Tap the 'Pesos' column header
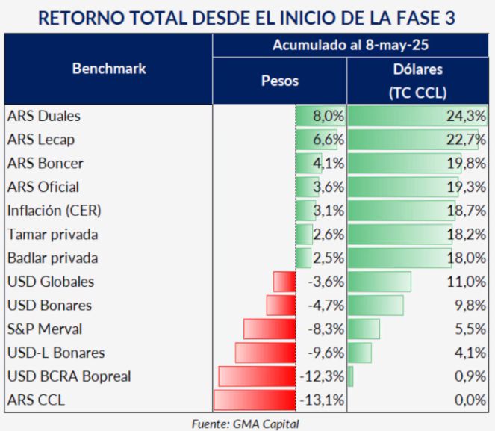click(x=280, y=81)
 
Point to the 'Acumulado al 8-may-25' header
click(x=351, y=46)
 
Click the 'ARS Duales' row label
click(x=43, y=116)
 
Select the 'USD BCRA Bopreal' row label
click(x=69, y=376)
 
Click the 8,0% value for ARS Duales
click(x=328, y=116)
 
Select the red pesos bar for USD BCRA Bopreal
click(x=257, y=376)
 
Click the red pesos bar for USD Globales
click(x=284, y=282)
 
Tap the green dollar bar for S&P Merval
click(x=364, y=329)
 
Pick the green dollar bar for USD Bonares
click(x=376, y=306)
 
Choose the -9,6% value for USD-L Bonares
click(x=324, y=353)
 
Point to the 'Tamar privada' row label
click(x=52, y=235)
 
